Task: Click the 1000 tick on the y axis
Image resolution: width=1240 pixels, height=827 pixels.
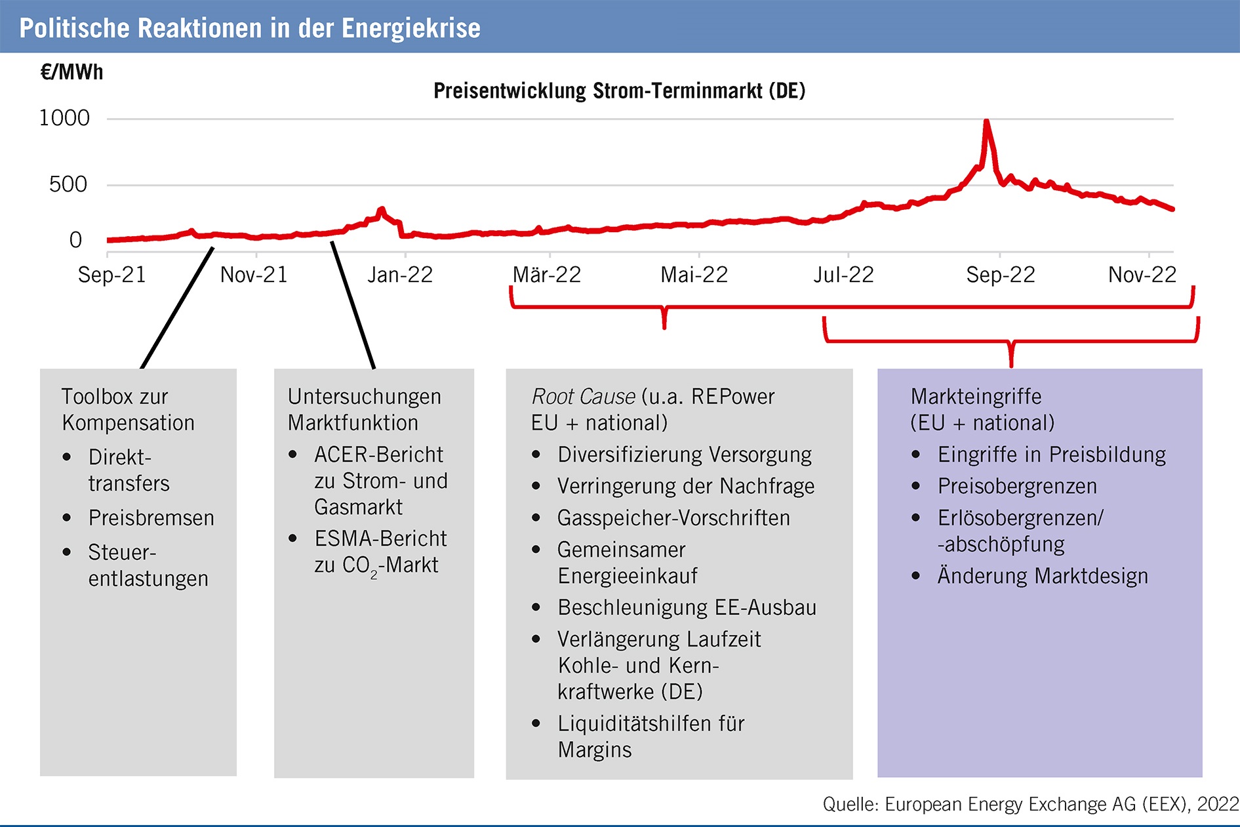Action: [64, 118]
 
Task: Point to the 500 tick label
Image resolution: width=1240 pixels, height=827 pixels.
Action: [68, 184]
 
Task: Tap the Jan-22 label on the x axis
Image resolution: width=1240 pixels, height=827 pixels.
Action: [400, 275]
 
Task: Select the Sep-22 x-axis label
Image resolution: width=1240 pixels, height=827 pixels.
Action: [1000, 275]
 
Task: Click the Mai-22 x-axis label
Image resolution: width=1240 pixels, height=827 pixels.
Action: [694, 275]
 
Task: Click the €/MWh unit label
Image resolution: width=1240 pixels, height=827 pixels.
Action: [71, 72]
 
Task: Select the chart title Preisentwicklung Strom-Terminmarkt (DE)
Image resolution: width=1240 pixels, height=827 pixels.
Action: [619, 91]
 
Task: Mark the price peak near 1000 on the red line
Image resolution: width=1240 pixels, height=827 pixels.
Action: [986, 122]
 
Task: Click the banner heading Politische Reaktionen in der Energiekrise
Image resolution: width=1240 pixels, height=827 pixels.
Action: [250, 28]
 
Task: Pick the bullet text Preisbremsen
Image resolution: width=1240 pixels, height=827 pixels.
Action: [151, 518]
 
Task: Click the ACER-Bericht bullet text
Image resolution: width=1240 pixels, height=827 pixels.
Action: [378, 454]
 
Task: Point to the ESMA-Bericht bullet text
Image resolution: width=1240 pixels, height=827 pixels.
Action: [380, 538]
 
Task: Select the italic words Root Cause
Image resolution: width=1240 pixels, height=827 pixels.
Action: [583, 397]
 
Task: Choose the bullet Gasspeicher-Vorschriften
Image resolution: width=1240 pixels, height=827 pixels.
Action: [673, 518]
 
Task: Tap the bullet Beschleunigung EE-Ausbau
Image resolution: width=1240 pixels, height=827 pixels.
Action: [687, 607]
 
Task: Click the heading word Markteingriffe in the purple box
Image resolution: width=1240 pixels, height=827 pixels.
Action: [976, 397]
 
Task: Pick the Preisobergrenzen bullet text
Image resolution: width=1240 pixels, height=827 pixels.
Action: [1017, 487]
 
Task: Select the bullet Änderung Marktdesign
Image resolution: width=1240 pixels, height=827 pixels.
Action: [1043, 576]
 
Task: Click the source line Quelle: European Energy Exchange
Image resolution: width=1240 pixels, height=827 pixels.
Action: [1030, 804]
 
